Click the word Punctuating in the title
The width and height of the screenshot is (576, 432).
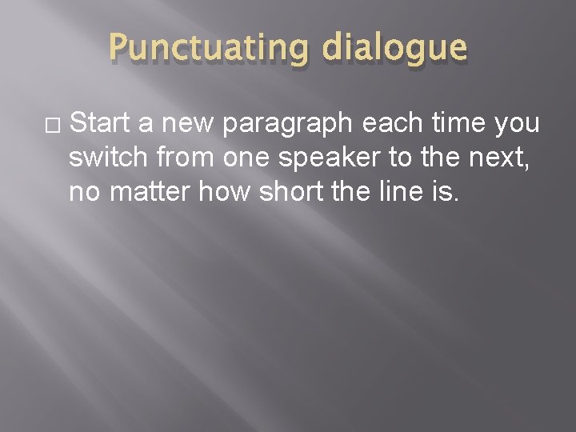pos(206,49)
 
